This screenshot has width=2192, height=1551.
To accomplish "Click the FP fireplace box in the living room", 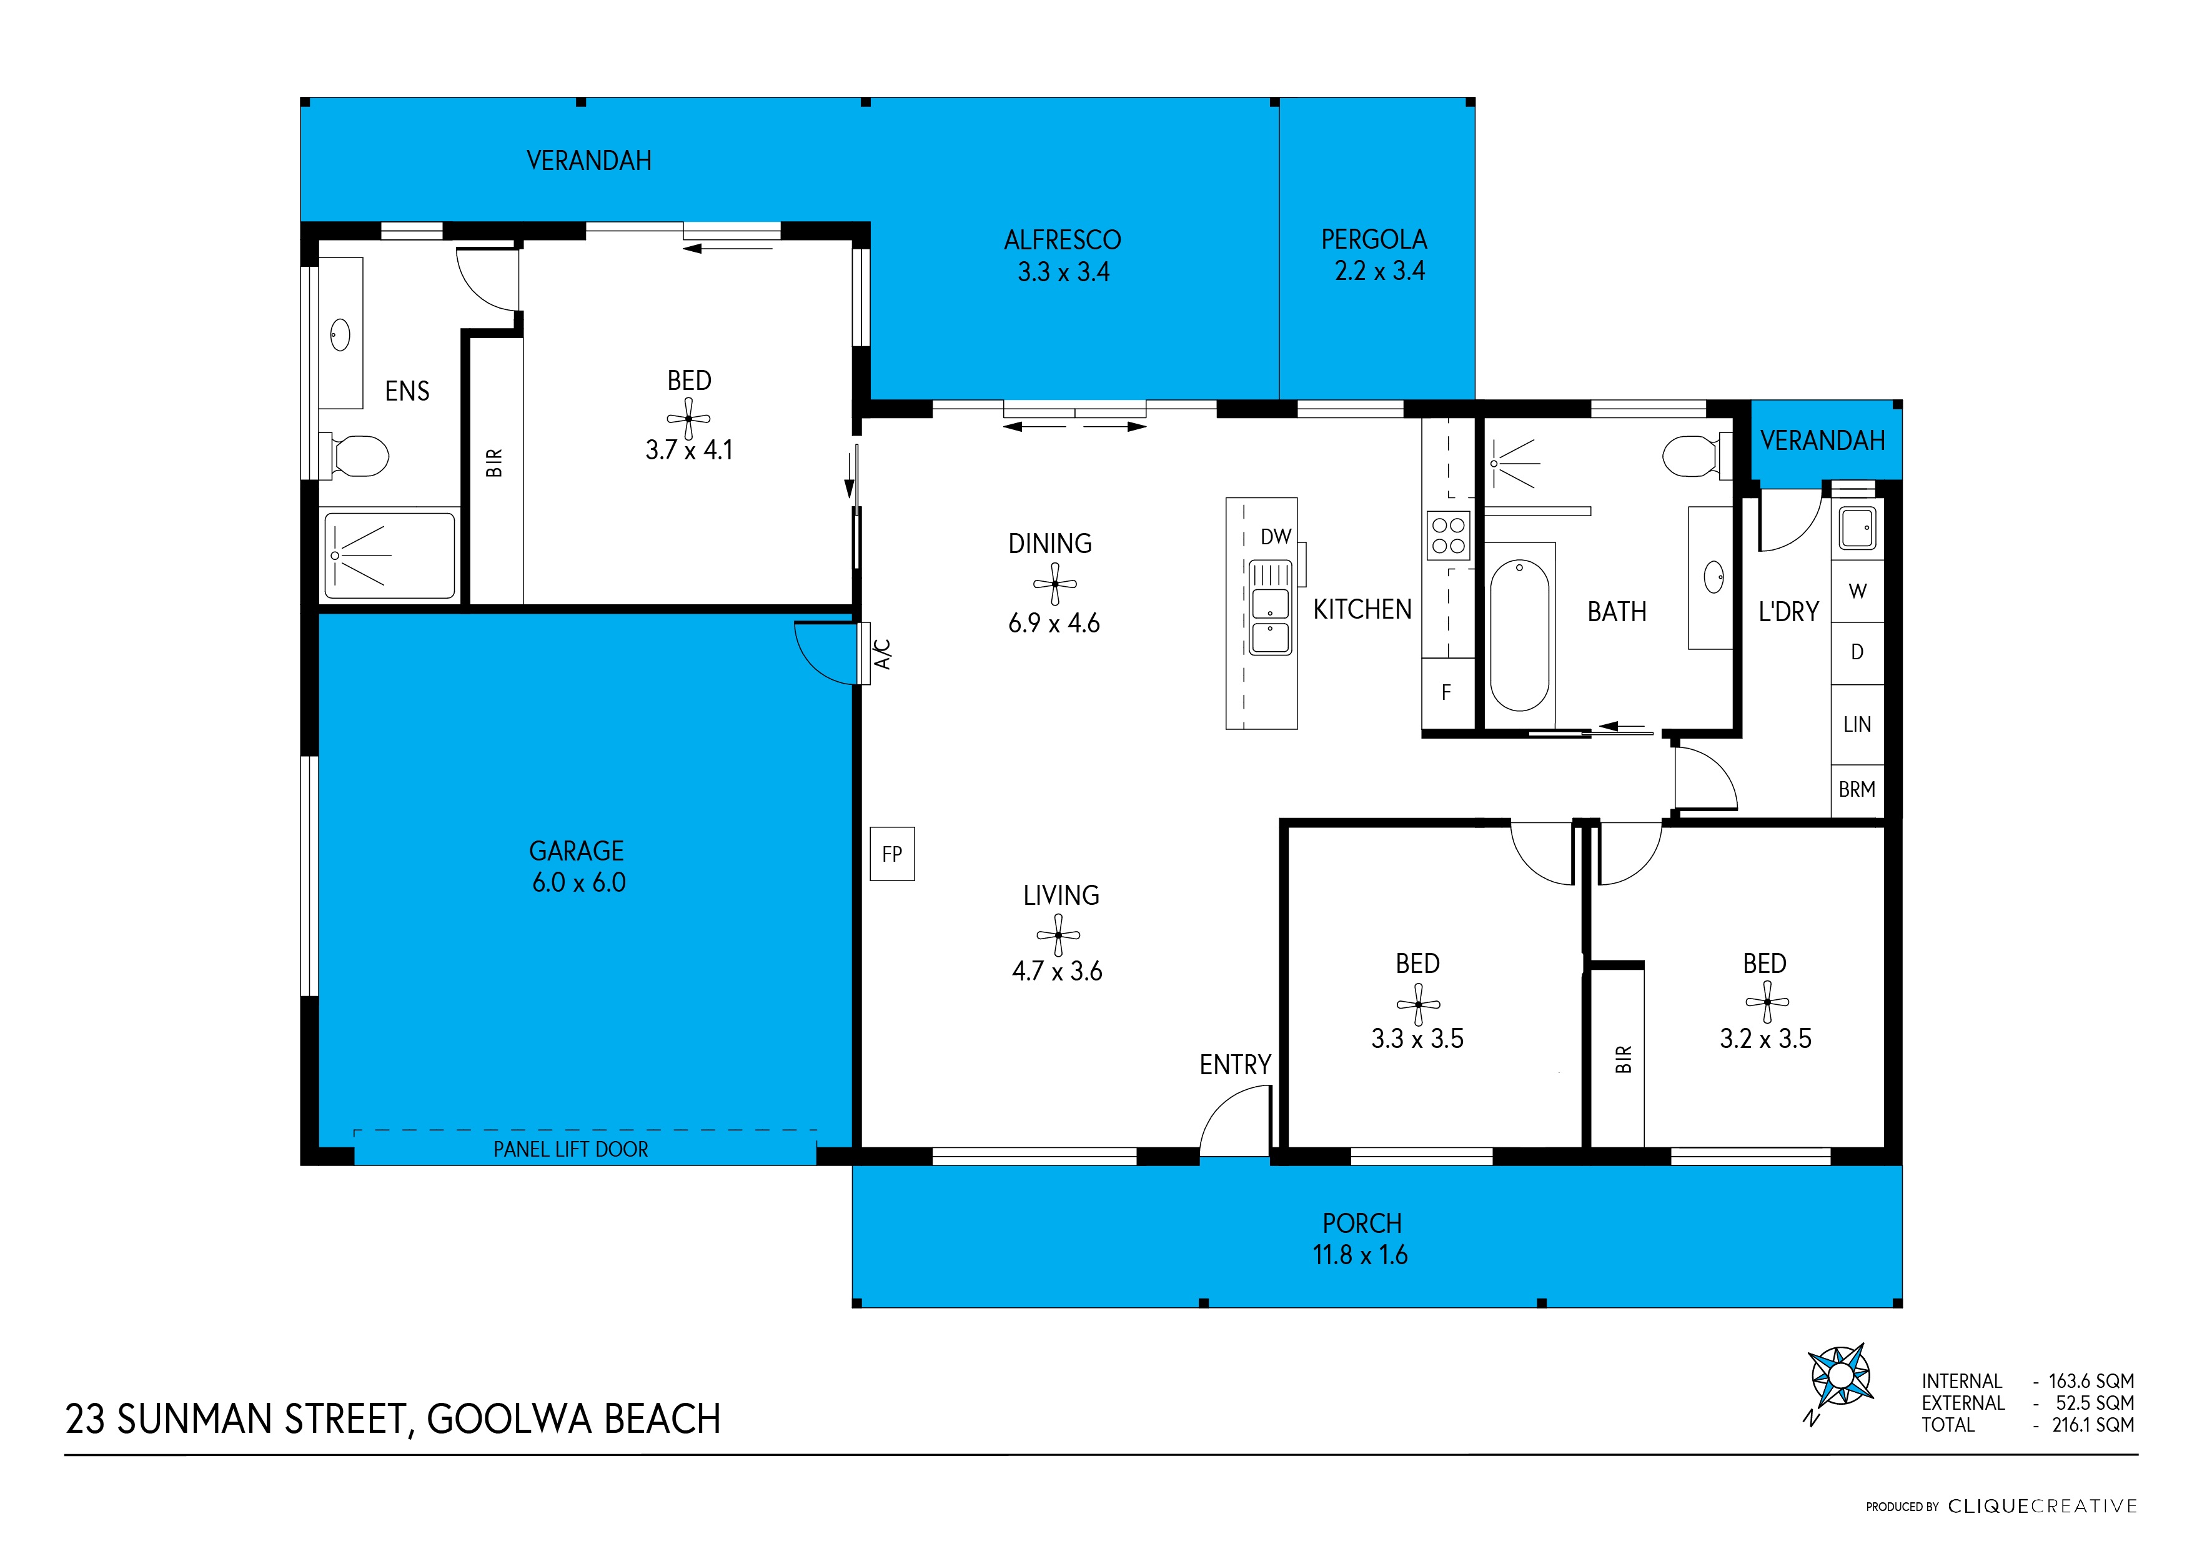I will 891,854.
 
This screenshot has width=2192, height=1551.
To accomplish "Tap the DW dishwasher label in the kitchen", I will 1276,537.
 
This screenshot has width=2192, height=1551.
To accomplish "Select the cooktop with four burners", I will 1447,536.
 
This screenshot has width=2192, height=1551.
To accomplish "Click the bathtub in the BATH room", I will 1519,634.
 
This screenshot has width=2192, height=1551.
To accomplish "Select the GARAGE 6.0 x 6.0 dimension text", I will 578,882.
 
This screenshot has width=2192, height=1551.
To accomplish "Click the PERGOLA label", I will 1374,240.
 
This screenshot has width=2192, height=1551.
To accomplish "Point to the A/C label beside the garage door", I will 883,654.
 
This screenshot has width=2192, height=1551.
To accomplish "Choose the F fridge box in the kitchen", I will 1446,694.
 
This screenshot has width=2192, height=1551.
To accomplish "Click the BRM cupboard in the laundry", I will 1857,790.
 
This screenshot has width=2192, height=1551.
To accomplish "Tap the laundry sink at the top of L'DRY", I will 1857,528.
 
